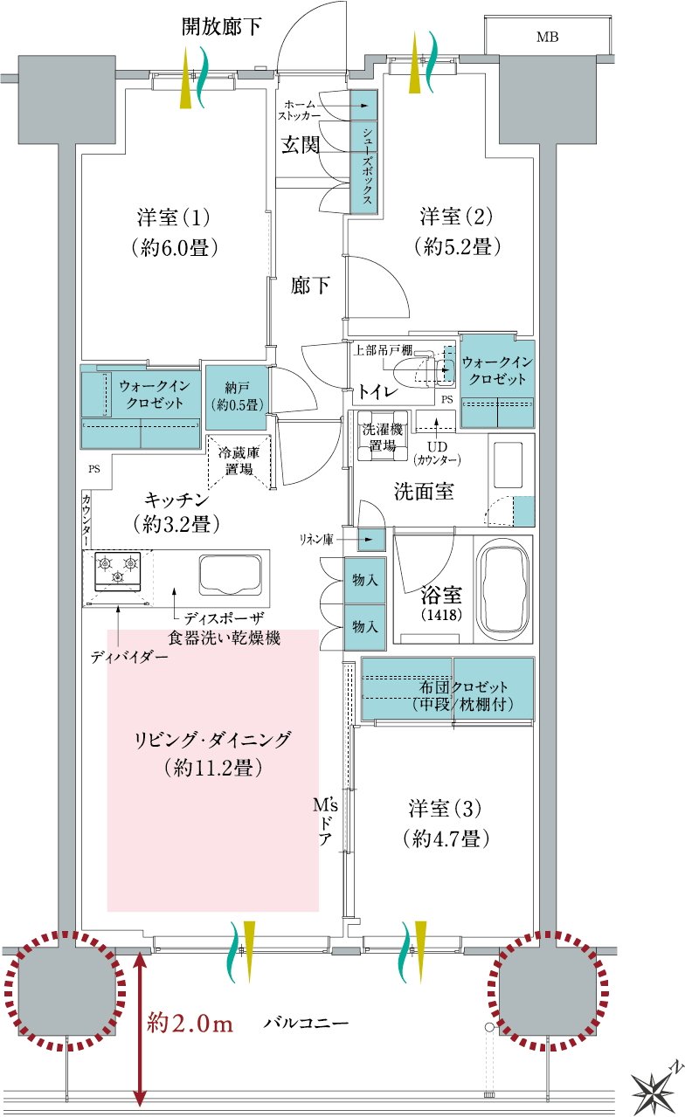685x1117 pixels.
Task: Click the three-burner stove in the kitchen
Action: [118, 570]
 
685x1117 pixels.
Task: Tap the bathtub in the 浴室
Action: [502, 590]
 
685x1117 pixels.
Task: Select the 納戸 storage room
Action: [237, 397]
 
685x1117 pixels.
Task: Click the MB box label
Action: [547, 37]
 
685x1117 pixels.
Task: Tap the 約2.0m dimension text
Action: [190, 1024]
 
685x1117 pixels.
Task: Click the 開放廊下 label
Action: [221, 26]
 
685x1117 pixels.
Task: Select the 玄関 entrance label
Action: [300, 145]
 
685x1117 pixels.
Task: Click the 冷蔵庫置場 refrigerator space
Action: [239, 461]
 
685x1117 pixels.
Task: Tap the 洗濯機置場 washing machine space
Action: [382, 437]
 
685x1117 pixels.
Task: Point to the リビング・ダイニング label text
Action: [212, 739]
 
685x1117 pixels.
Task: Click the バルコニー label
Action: [306, 1023]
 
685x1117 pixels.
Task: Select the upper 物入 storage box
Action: [364, 580]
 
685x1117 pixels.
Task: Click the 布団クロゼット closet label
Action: [462, 695]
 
